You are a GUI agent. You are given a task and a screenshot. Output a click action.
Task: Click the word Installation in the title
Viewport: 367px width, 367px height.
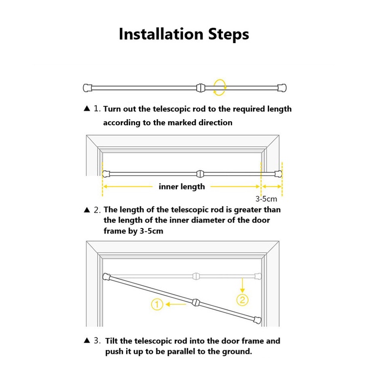161,34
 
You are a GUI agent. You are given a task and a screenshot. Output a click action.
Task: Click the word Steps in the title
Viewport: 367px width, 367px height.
229,35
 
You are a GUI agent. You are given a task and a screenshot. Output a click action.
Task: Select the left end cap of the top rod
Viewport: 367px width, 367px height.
88,88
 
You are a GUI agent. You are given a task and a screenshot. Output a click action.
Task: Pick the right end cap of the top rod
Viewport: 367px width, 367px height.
282,88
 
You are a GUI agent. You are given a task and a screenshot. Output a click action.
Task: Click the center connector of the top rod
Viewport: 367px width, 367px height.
201,88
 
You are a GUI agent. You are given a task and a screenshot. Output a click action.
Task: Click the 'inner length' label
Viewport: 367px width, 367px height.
182,186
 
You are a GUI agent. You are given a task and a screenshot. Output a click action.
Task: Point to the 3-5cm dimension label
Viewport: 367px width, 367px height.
266,199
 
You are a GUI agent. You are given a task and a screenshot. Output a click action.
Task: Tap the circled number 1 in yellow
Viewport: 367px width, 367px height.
157,304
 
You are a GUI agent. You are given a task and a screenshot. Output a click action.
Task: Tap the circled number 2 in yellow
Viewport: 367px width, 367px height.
243,300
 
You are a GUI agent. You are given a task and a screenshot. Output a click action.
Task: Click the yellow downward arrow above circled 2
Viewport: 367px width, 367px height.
243,285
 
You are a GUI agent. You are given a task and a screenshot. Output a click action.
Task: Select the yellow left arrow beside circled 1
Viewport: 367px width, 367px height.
176,304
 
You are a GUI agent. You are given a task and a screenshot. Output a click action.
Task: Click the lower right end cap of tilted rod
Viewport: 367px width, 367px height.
257,320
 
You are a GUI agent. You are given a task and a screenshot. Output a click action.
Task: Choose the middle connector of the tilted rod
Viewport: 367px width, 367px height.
196,302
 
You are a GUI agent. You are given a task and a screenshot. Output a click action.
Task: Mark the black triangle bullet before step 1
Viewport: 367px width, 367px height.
87,108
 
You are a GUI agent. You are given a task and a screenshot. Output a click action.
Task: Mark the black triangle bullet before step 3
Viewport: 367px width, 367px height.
87,340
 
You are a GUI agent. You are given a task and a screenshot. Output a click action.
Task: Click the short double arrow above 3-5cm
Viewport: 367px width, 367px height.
272,186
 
